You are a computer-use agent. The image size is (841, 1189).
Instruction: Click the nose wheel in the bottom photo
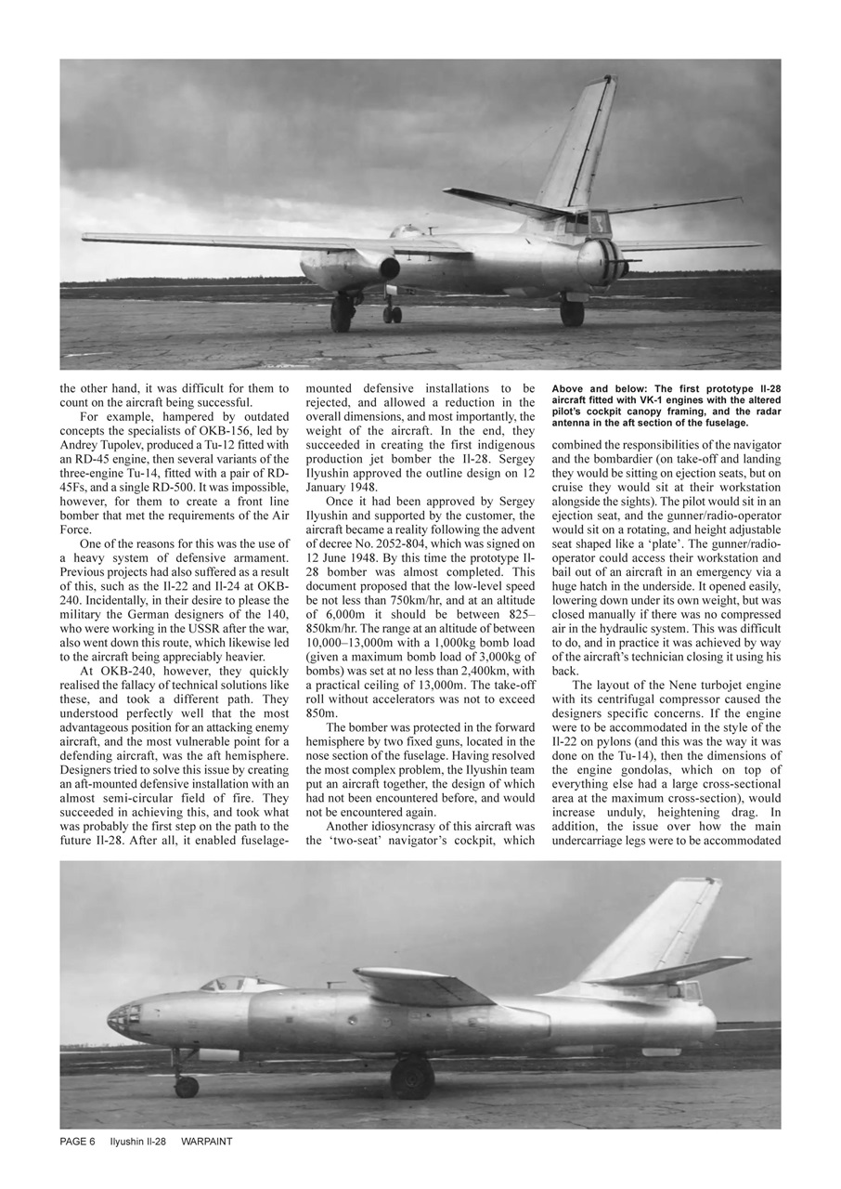tap(187, 1086)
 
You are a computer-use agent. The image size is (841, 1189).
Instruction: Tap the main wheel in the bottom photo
tap(412, 1078)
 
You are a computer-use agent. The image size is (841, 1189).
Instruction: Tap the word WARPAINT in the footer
tap(206, 1142)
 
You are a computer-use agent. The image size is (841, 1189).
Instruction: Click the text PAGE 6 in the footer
tap(77, 1142)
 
